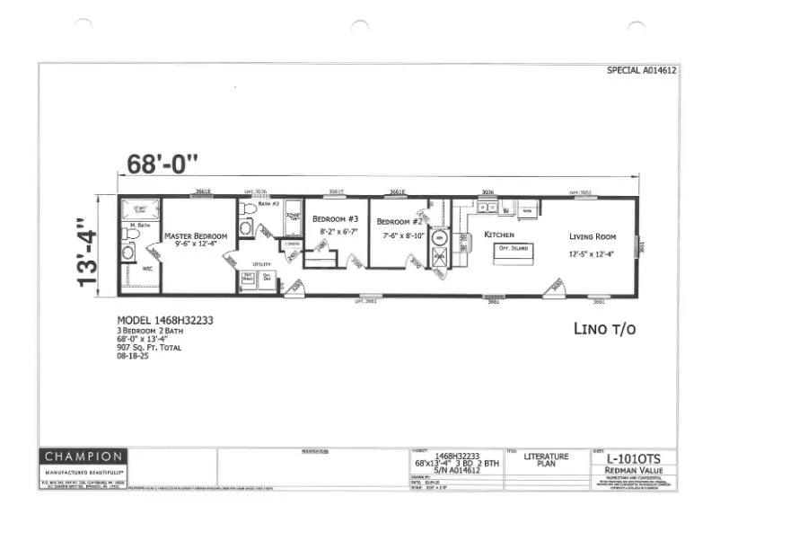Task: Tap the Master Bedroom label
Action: pos(196,235)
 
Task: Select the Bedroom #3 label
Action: pos(335,219)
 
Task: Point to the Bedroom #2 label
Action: pos(399,222)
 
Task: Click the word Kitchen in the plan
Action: pos(499,235)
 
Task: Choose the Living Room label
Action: pos(593,236)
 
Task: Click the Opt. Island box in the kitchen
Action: pos(514,248)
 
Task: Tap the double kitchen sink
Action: pos(487,208)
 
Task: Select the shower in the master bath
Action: pos(140,209)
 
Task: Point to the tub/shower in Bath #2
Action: pos(293,217)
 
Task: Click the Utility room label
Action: pos(261,264)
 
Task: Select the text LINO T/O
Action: pos(604,329)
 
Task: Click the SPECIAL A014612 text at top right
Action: pos(641,69)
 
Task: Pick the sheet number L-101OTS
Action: pos(633,459)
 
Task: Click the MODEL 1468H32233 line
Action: pos(164,320)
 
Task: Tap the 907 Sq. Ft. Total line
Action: pos(149,347)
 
